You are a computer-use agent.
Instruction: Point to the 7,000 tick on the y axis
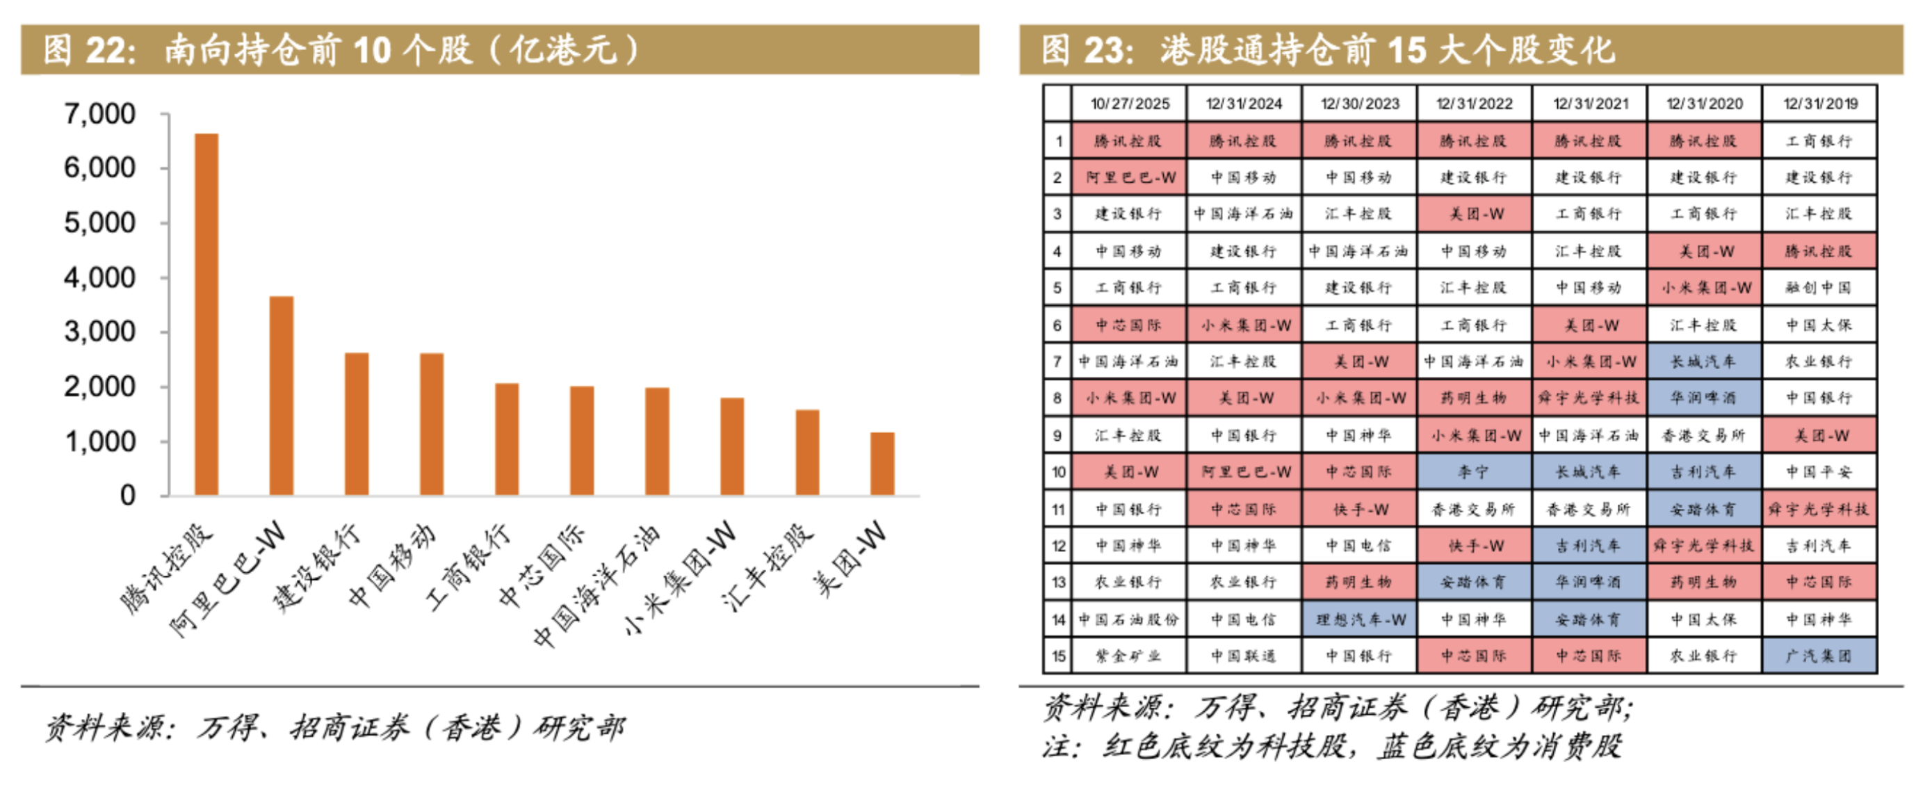(x=99, y=114)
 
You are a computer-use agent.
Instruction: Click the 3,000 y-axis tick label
(x=99, y=332)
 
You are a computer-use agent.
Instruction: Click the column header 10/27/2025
(x=1129, y=104)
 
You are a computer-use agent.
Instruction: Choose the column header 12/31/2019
(x=1819, y=104)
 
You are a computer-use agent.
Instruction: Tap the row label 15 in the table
(x=1057, y=656)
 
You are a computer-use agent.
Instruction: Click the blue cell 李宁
(x=1473, y=472)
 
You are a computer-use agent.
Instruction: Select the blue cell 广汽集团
(x=1819, y=656)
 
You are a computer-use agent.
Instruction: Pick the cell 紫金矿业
(x=1129, y=656)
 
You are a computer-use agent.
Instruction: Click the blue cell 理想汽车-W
(x=1360, y=619)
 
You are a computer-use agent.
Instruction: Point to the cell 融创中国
(x=1819, y=288)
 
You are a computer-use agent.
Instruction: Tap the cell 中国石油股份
(x=1129, y=619)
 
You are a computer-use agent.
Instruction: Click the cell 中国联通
(x=1244, y=656)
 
